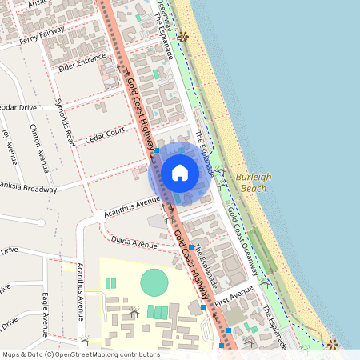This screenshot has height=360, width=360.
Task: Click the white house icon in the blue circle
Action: point(180,172)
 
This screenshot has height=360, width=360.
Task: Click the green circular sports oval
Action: point(154,282)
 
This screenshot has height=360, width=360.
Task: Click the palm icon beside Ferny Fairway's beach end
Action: point(182,36)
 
